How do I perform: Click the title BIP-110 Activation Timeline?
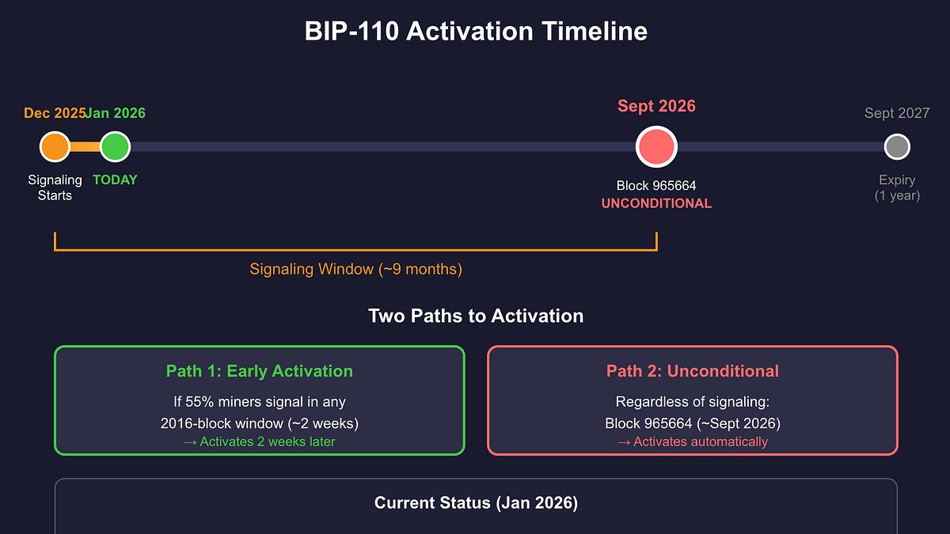476,32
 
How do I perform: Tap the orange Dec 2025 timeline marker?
55,146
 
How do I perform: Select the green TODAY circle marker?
115,146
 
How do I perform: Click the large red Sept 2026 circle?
656,147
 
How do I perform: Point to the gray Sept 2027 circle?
896,146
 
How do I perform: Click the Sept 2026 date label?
656,106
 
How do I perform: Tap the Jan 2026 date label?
116,113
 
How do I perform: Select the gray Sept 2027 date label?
896,113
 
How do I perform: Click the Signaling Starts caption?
55,187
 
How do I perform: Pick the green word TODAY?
115,180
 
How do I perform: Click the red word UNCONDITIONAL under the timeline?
656,203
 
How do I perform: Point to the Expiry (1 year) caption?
896,187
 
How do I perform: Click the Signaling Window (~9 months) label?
355,269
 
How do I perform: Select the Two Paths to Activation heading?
476,316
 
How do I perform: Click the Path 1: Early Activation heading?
259,371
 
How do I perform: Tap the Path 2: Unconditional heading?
692,371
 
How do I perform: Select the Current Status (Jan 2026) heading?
476,503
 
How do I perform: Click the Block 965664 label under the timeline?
656,186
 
